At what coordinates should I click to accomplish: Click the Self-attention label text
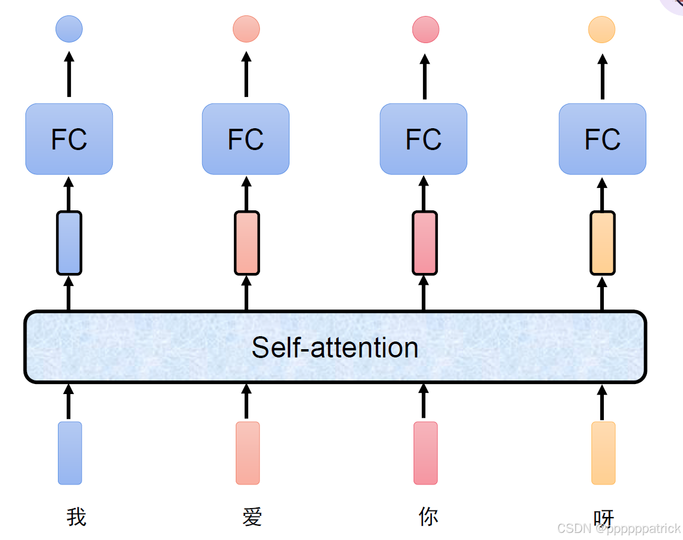(x=334, y=347)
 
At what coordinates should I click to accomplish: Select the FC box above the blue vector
(x=69, y=139)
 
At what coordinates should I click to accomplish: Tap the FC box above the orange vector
(x=602, y=139)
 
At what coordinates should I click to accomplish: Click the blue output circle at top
(x=69, y=29)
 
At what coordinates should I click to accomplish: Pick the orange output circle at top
(x=601, y=30)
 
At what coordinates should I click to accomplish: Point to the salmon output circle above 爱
(x=246, y=29)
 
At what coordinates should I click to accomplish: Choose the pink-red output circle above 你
(x=425, y=30)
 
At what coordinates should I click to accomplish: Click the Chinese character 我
(x=76, y=516)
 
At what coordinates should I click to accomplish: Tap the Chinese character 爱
(x=252, y=516)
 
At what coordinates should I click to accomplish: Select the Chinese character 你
(x=428, y=516)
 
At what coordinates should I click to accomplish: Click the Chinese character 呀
(x=604, y=518)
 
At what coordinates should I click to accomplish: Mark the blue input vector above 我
(x=70, y=453)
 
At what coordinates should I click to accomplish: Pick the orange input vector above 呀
(x=603, y=453)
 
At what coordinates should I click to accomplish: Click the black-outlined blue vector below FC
(x=69, y=243)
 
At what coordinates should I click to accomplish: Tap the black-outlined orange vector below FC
(x=603, y=243)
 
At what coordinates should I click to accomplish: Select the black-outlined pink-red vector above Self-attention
(x=425, y=243)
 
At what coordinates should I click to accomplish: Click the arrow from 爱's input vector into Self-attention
(x=246, y=402)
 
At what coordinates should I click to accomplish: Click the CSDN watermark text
(x=619, y=529)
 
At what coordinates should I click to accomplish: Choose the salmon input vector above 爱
(x=248, y=453)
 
